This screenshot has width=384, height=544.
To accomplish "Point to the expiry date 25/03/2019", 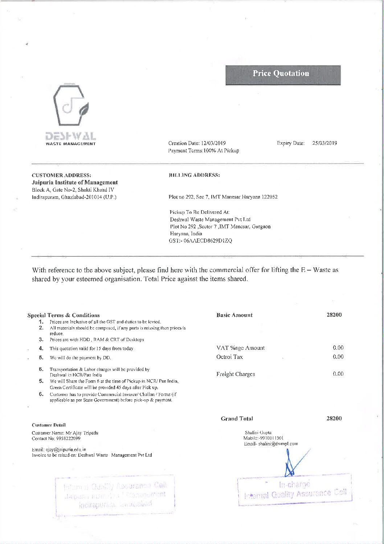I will click(324, 143).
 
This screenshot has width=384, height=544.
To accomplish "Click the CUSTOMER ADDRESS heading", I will click(61, 175).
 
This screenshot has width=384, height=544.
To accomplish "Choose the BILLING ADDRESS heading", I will click(194, 175).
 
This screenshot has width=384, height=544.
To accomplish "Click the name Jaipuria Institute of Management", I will click(75, 183).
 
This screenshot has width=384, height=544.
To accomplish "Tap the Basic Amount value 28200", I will click(334, 315).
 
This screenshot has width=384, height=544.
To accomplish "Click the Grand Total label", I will click(237, 419).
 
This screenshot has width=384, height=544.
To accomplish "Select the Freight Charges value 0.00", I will click(338, 374).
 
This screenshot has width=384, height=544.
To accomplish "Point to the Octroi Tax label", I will click(229, 357).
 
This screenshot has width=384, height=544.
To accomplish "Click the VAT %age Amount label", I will click(240, 348).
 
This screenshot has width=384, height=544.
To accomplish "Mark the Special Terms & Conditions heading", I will click(64, 315).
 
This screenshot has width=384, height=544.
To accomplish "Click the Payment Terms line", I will click(204, 151).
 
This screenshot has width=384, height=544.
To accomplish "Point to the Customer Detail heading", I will click(49, 425).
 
